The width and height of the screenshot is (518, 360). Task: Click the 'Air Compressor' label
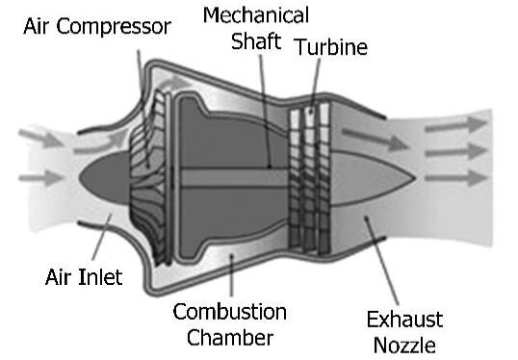(97, 27)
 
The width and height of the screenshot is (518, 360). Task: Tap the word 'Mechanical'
(256, 14)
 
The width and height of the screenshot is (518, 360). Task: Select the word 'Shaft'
(256, 41)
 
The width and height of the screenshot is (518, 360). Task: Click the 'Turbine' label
(331, 47)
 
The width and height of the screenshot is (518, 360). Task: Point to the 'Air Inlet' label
(84, 277)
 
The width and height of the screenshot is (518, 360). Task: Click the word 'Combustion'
(229, 312)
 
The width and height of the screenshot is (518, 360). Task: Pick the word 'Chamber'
(230, 338)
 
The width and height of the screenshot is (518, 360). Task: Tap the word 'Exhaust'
(404, 320)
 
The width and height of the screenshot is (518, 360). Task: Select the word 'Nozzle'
(404, 346)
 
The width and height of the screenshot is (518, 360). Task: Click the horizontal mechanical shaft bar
(235, 178)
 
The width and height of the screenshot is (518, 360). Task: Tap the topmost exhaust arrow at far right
(456, 125)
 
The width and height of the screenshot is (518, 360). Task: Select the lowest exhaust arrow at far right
(456, 178)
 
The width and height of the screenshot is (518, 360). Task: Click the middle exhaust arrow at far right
(456, 151)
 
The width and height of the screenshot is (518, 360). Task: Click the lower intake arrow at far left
(41, 178)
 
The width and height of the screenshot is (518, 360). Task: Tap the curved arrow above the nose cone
(99, 145)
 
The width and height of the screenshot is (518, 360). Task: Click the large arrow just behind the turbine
(375, 139)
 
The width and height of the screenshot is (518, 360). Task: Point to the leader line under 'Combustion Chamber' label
(232, 274)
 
